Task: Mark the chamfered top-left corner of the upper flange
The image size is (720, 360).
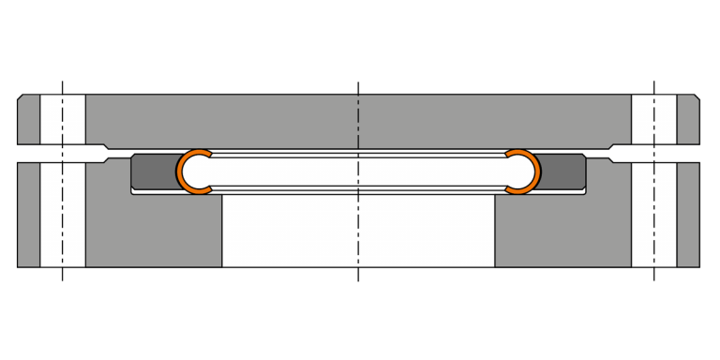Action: coord(21,97)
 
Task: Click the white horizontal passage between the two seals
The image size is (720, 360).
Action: coord(358,171)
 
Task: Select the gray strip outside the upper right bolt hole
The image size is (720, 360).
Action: coord(688,120)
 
